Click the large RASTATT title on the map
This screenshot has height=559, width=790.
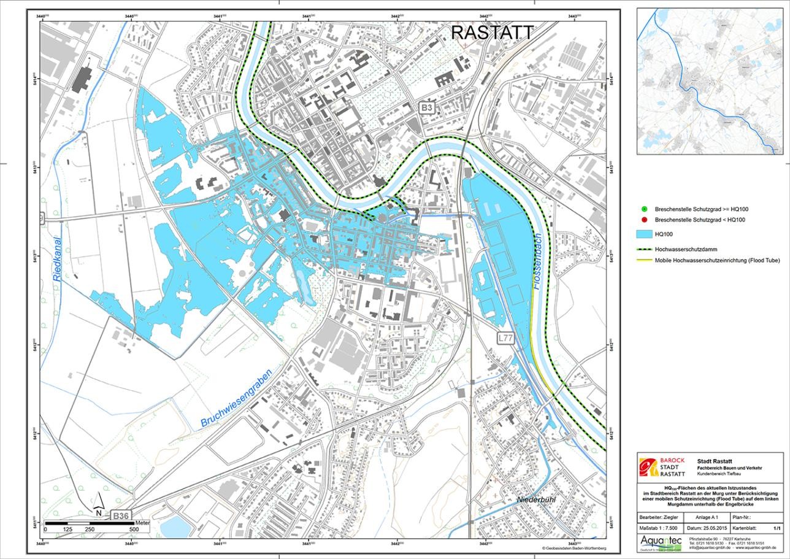pos(493,33)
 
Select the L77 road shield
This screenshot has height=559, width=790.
pos(505,337)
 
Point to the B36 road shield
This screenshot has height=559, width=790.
pos(121,517)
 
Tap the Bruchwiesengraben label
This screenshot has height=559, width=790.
pos(237,395)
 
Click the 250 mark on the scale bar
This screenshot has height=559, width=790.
pos(90,529)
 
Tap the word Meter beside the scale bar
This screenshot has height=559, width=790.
pos(142,522)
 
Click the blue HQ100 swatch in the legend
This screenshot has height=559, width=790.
pos(643,234)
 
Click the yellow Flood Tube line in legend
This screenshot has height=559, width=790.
pos(643,260)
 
